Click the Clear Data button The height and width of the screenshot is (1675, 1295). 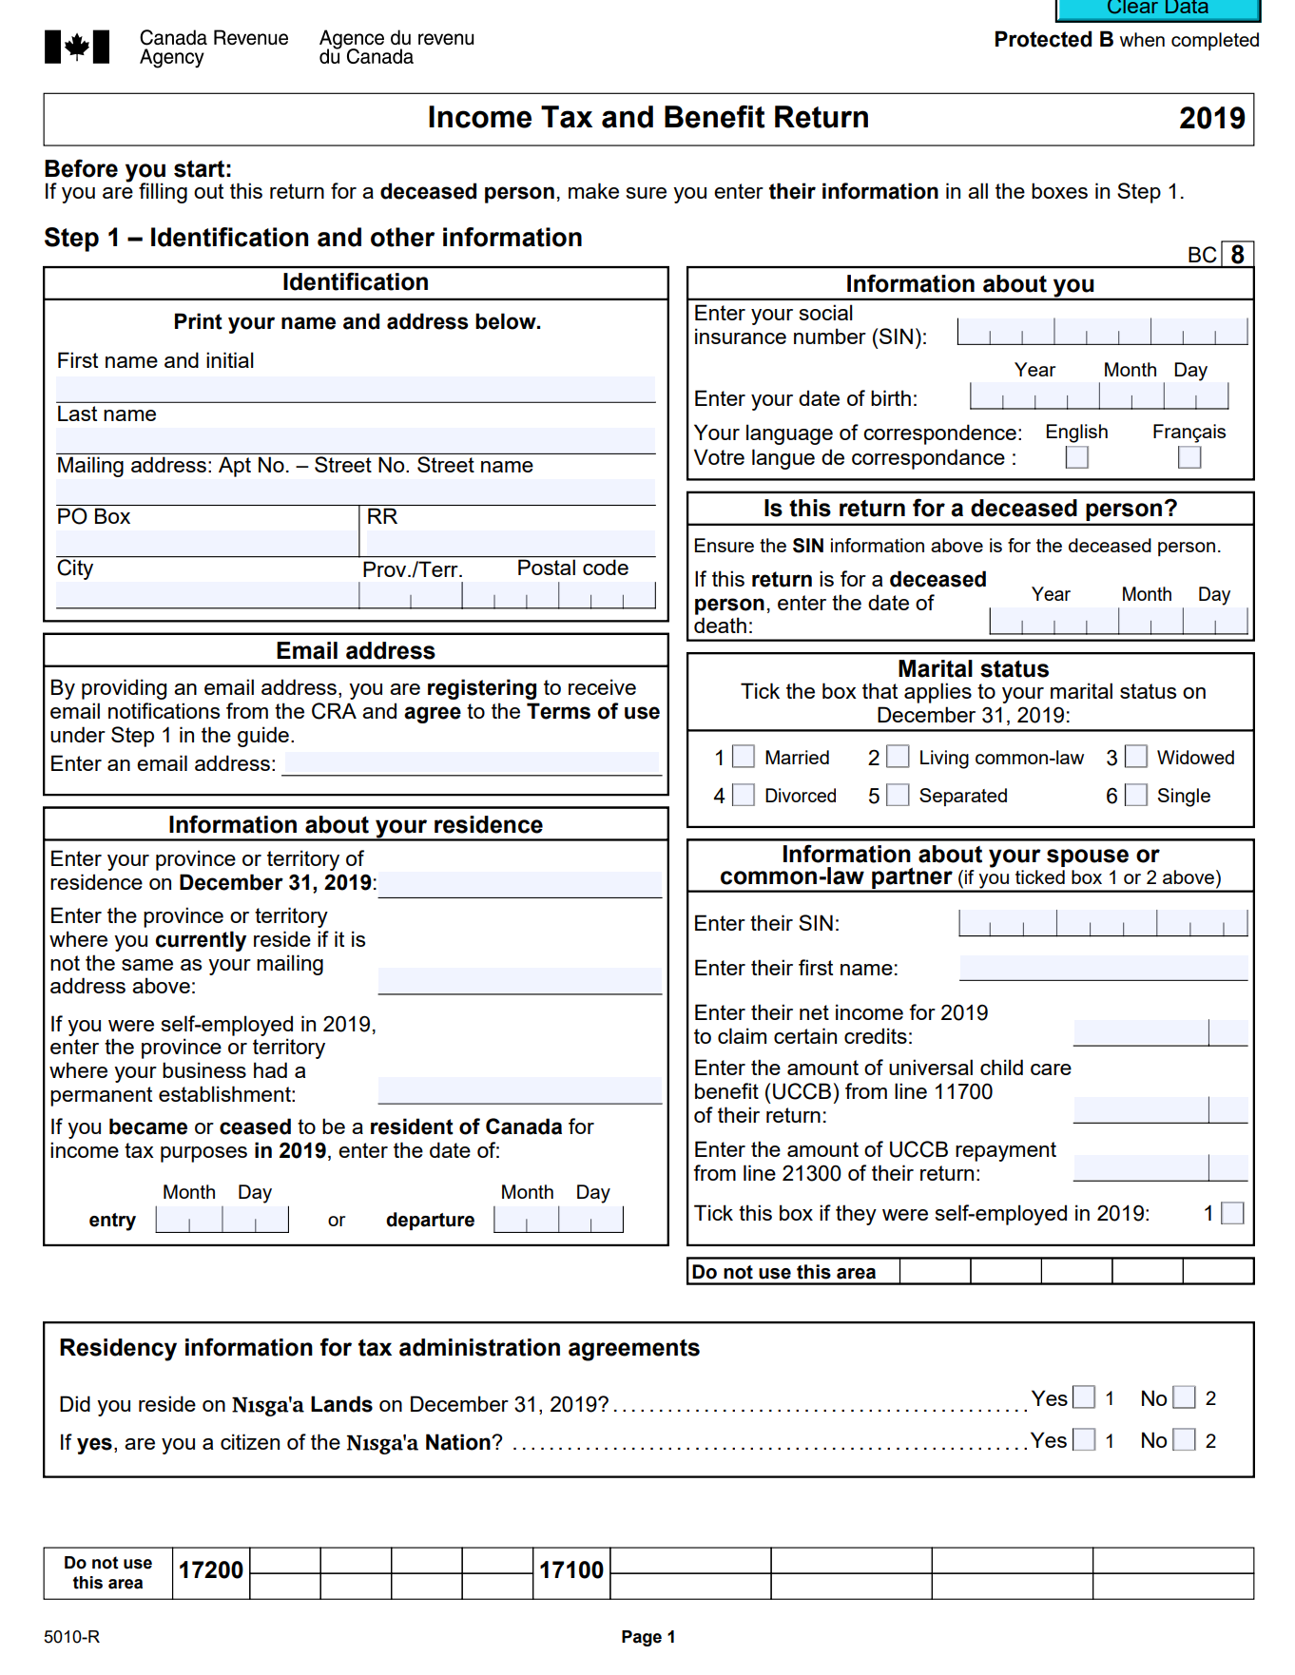point(1157,9)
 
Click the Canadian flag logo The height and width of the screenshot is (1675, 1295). point(77,47)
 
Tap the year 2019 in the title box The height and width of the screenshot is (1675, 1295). point(1211,119)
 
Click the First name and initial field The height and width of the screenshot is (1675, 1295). point(356,389)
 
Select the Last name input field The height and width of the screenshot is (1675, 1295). point(356,440)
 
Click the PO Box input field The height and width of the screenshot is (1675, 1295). point(206,543)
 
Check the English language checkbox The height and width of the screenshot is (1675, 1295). point(1076,457)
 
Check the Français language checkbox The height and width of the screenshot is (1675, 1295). point(1189,457)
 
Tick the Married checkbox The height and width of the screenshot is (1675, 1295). point(744,757)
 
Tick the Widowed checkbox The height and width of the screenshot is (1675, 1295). point(1136,757)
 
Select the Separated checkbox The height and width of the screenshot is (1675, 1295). point(898,795)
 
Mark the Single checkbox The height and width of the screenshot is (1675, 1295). point(1136,795)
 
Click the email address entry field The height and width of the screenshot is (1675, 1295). point(473,762)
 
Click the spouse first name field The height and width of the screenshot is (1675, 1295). point(1103,968)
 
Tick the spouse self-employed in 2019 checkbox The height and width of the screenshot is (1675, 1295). point(1232,1213)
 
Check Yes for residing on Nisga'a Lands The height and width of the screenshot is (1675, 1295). point(1084,1397)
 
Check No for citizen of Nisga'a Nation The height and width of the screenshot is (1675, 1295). point(1184,1440)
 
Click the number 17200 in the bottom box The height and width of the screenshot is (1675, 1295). point(211,1570)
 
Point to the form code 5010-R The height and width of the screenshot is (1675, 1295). point(71,1637)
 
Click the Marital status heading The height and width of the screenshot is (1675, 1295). point(973,669)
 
